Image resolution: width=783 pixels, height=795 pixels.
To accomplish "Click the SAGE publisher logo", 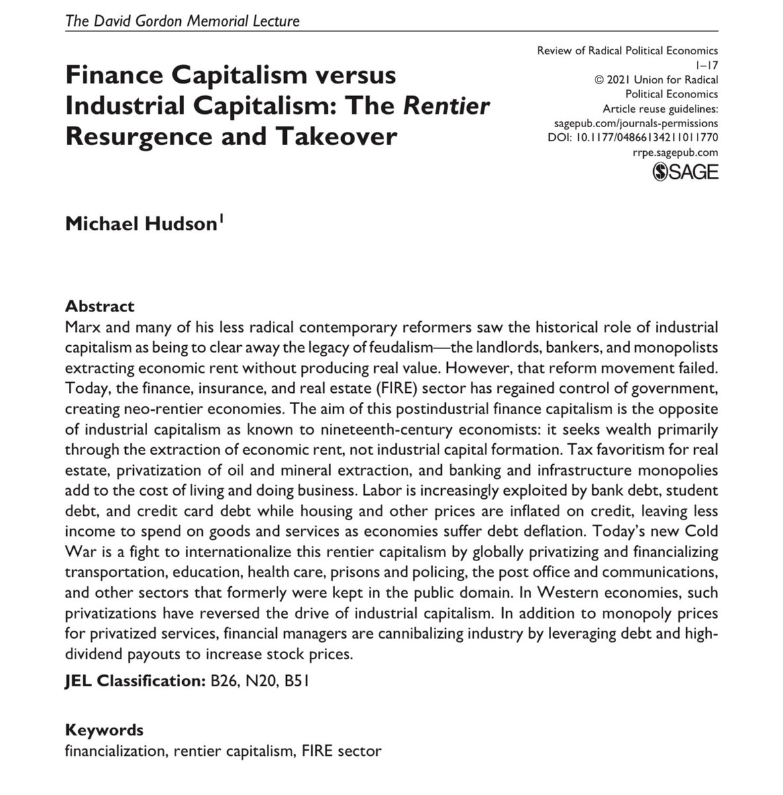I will point(685,172).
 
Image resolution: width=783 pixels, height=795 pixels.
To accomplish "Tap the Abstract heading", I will point(100,306).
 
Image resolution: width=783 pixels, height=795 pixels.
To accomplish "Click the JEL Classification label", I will point(133,680).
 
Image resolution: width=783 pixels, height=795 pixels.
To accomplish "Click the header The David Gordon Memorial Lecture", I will point(182,21).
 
